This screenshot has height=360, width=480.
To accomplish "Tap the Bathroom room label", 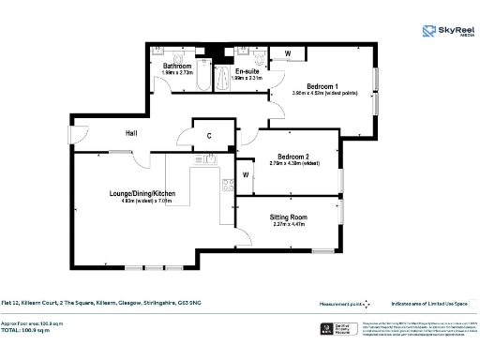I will point(177,67).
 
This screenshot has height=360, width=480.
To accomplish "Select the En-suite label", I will point(247,71).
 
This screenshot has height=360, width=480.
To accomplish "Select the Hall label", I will point(132,134).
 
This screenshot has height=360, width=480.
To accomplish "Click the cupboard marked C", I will point(209,136).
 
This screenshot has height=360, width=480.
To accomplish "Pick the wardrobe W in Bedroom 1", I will point(287,53).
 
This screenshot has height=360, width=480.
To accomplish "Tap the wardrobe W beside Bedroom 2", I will point(245,174).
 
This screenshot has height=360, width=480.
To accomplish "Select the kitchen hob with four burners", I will point(226,185).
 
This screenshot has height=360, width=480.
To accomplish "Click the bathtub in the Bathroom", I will point(202,82).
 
